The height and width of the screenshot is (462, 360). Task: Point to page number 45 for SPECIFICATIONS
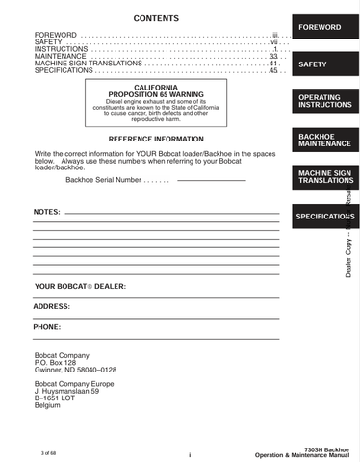[x=273, y=70]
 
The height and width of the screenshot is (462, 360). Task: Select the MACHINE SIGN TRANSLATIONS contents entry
[x=88, y=64]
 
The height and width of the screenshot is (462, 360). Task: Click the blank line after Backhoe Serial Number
[x=212, y=180]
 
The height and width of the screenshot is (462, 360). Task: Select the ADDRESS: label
[x=52, y=307]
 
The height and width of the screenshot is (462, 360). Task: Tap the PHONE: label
[x=47, y=327]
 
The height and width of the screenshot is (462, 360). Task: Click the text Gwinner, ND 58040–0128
[x=75, y=370]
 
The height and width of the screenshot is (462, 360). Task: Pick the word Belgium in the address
[x=47, y=405]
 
